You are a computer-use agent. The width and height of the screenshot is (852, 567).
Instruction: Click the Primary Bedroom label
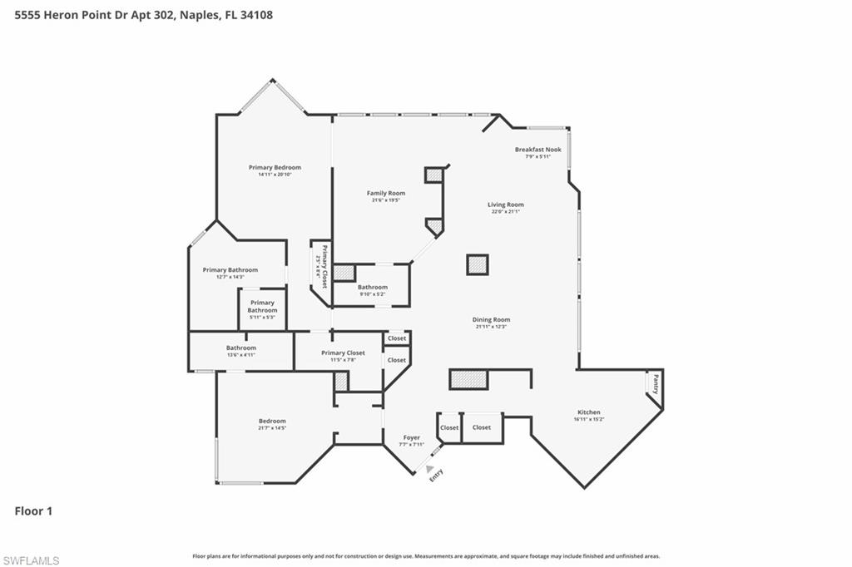[275, 167]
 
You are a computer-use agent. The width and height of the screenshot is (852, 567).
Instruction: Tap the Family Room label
[385, 193]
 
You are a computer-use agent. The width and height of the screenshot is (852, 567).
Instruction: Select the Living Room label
[505, 205]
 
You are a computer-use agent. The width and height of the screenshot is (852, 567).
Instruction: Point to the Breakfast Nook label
[537, 150]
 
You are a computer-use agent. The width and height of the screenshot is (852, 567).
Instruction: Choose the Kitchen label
[589, 412]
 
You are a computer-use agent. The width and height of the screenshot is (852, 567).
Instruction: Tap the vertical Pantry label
[656, 385]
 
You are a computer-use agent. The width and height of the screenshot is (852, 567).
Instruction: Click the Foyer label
[412, 437]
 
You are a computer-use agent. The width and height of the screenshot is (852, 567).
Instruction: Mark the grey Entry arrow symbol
[429, 469]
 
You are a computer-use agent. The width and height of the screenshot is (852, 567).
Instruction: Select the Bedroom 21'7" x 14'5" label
[272, 421]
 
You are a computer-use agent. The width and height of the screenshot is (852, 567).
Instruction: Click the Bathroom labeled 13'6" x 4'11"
[241, 348]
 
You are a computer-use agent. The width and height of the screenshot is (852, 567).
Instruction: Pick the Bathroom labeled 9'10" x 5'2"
[373, 287]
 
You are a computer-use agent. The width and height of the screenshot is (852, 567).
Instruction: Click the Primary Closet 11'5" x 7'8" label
[343, 353]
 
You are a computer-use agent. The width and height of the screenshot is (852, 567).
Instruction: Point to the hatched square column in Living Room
[477, 264]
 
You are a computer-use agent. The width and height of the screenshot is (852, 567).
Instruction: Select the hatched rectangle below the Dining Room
[468, 379]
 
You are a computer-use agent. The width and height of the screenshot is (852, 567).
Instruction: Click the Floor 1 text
[33, 511]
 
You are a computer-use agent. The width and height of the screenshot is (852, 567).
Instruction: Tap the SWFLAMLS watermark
[31, 560]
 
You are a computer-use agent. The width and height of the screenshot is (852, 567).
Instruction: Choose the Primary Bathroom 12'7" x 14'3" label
[230, 270]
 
